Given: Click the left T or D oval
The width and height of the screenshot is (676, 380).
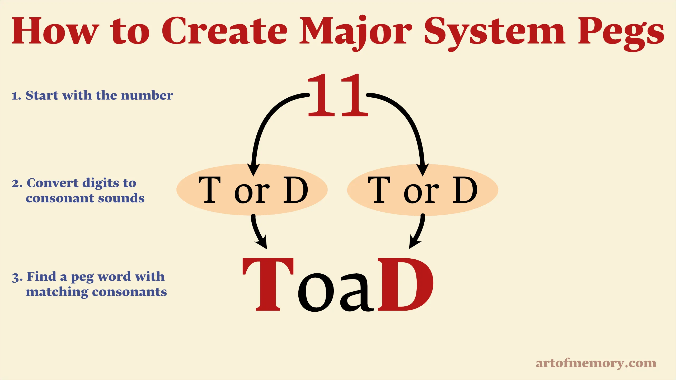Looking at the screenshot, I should click(x=252, y=190).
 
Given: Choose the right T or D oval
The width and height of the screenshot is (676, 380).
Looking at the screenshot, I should click(x=422, y=190).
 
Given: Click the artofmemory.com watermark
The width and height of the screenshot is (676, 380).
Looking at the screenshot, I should click(x=596, y=363).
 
